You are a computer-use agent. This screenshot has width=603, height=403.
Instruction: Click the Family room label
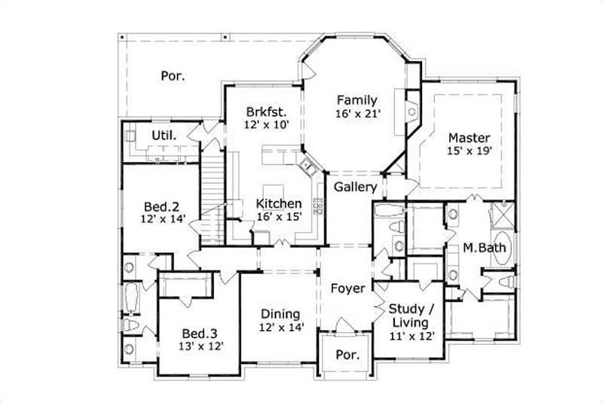(357, 99)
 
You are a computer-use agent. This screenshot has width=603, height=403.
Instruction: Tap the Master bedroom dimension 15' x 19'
(469, 151)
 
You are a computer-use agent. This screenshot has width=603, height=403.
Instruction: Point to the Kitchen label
(279, 203)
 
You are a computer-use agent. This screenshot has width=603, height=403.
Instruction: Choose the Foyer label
(348, 289)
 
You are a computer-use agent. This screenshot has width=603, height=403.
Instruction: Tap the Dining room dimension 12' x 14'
(280, 328)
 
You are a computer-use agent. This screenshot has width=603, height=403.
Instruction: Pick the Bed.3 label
(200, 332)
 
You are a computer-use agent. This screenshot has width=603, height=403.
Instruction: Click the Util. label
(164, 136)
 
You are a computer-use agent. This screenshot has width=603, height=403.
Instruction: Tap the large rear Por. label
(173, 75)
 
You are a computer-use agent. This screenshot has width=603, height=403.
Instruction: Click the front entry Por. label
(347, 354)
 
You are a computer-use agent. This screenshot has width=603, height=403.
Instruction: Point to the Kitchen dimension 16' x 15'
(279, 217)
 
